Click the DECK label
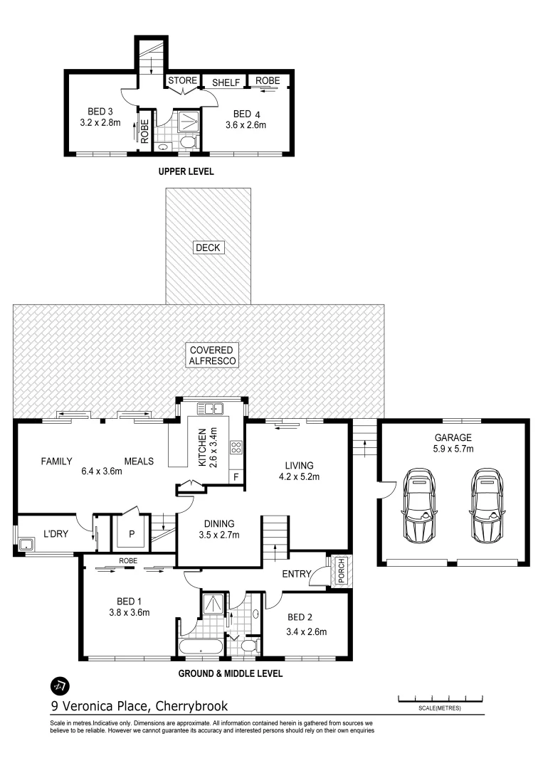(x=208, y=247)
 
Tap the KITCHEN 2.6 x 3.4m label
(x=207, y=448)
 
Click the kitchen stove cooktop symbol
(x=235, y=447)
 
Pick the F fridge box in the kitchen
(x=236, y=476)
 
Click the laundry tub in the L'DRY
(x=27, y=545)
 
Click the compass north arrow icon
(x=60, y=686)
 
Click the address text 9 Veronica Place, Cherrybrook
(x=139, y=706)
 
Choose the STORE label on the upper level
(x=181, y=80)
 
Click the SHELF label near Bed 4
(x=226, y=82)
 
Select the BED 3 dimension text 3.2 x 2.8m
(x=100, y=122)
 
